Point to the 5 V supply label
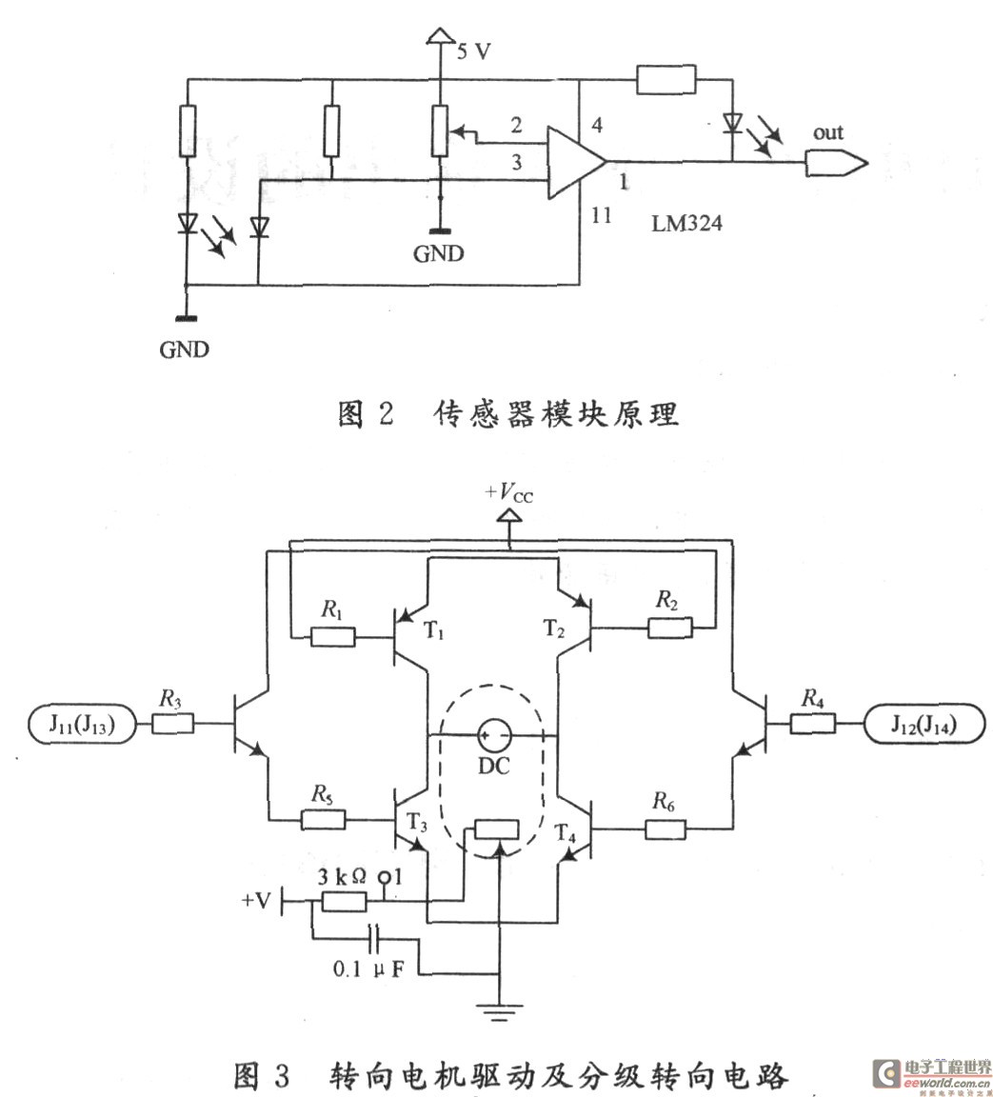[473, 51]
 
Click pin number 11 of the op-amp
[601, 215]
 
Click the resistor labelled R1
[333, 637]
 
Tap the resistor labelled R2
[670, 628]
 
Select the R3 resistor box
[172, 725]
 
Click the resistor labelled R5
[323, 819]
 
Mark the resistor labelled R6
[666, 828]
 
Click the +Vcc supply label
[509, 493]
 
